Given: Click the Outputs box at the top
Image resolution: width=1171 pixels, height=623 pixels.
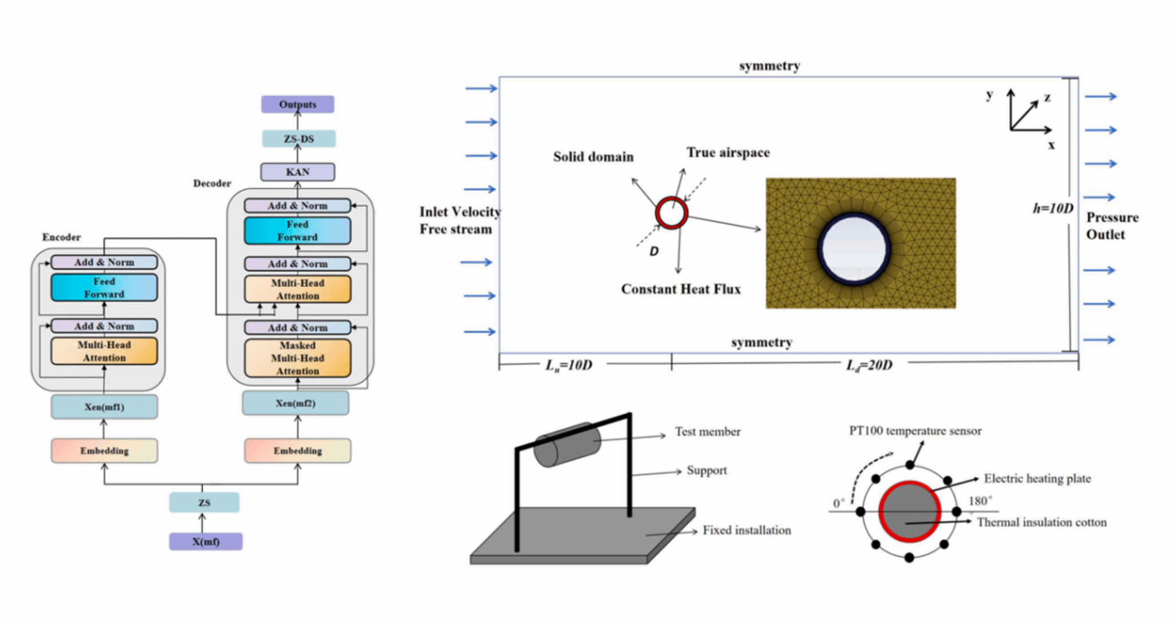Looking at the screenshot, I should click(x=297, y=104).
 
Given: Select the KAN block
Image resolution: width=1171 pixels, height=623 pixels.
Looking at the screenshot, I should click(x=297, y=172).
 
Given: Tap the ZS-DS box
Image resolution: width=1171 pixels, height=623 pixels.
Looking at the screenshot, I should click(x=298, y=138).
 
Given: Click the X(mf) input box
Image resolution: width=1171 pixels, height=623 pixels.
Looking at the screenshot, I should click(x=205, y=541).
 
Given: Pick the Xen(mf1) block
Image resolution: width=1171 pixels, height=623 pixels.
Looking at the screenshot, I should click(x=104, y=407).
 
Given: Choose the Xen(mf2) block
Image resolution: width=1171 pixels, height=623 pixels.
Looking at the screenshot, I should click(x=295, y=403).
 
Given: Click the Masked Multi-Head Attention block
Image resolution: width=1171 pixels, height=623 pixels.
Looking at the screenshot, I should click(x=297, y=358).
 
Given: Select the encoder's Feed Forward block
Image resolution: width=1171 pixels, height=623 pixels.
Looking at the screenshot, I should click(x=104, y=288).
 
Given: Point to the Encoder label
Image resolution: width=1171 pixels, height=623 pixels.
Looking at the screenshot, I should click(x=61, y=237).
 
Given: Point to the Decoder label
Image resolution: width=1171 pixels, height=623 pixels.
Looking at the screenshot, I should click(x=212, y=183).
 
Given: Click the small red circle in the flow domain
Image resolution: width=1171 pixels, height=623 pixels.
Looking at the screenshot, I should click(x=671, y=213).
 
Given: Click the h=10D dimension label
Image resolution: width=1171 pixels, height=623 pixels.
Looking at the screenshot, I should click(x=1053, y=208).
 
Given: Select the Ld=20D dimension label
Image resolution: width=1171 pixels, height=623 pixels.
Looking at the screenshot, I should click(x=869, y=365).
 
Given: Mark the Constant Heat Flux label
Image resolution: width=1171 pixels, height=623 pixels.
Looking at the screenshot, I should click(x=680, y=289).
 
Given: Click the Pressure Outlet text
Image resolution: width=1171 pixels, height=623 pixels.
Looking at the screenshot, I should click(x=1112, y=226).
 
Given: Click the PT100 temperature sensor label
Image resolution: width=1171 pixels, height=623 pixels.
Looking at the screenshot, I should click(x=915, y=431).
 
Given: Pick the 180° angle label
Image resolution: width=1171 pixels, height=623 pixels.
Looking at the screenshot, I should click(x=980, y=501).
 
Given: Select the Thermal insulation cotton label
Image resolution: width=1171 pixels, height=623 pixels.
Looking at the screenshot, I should click(x=1041, y=522).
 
